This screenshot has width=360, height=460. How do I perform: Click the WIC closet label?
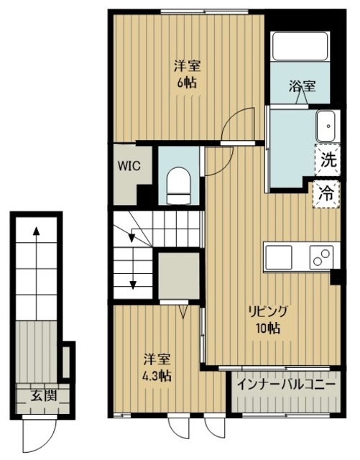click(x=129, y=166)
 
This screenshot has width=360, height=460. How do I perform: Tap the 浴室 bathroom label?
click(x=302, y=86)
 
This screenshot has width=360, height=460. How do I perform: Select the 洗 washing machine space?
click(x=328, y=160)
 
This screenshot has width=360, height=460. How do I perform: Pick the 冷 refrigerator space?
click(x=326, y=194)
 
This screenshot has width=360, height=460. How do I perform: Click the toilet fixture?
click(x=178, y=185)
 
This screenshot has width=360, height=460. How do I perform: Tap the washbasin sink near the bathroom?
click(x=328, y=126)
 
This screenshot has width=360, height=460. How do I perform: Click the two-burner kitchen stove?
click(x=321, y=257)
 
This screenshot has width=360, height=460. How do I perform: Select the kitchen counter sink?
click(x=278, y=257)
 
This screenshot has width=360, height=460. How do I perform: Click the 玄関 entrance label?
click(x=44, y=396)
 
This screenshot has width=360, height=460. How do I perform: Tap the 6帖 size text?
click(x=187, y=83)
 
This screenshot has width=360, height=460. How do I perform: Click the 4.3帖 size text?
click(x=157, y=375)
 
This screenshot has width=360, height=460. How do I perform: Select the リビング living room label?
click(x=267, y=311)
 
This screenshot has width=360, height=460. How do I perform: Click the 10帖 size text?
click(x=267, y=328)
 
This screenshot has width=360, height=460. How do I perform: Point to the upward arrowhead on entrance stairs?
click(x=36, y=231)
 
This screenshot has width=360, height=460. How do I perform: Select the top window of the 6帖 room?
click(x=205, y=11)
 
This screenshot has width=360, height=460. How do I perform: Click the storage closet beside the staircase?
click(x=179, y=275)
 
